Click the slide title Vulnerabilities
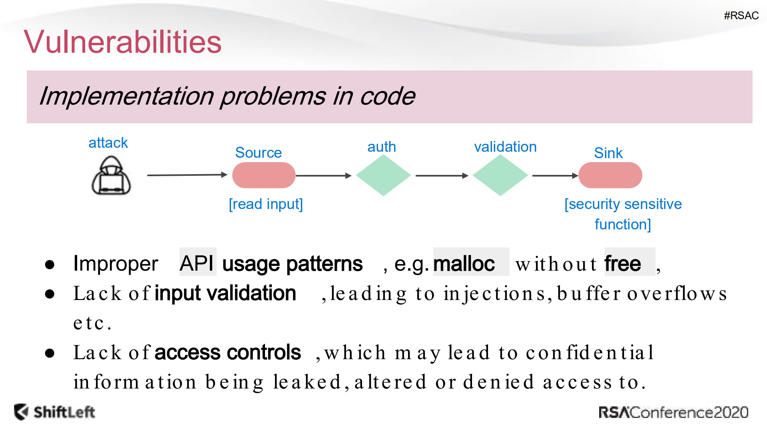[122, 42]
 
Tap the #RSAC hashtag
[741, 16]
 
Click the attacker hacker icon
[111, 176]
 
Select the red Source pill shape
[263, 175]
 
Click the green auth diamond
[383, 175]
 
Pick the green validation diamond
[500, 175]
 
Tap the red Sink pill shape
[610, 175]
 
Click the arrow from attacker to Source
[187, 175]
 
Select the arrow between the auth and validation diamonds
[441, 175]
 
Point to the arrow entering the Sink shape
[555, 175]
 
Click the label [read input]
[266, 204]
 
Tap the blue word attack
[108, 143]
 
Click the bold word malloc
[464, 264]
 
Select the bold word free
[622, 264]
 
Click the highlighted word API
[197, 263]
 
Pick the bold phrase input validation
[225, 293]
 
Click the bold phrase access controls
[227, 352]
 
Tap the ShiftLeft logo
[55, 412]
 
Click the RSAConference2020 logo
[673, 412]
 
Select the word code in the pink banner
[387, 96]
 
